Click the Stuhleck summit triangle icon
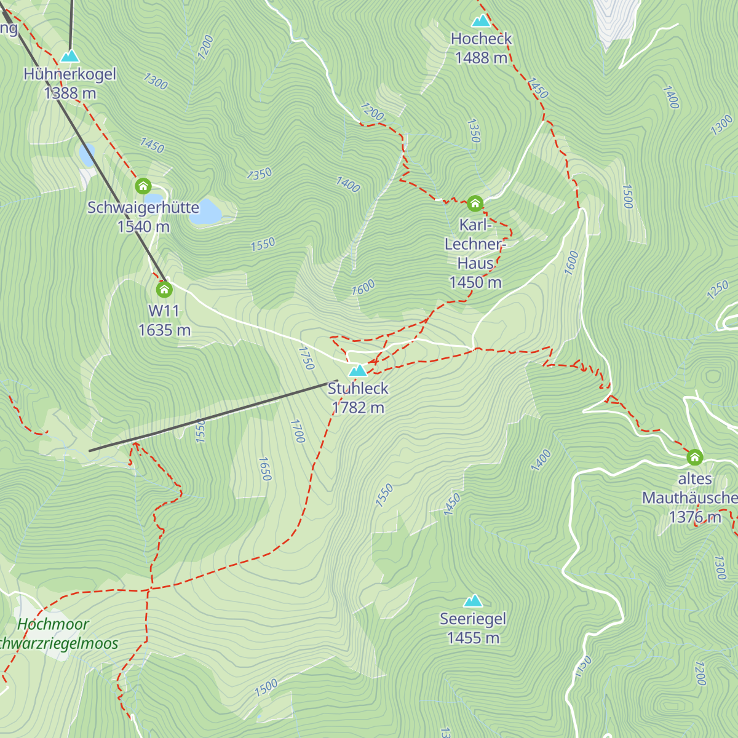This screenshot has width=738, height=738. pos(357,370)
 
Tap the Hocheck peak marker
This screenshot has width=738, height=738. pos(481,21)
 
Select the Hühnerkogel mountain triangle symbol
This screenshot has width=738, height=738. pos(69,57)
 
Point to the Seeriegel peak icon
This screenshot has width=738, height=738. pos(473,601)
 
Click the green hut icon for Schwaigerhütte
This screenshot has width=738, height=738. pos(143,186)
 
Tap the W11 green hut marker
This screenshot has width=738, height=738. pos(164,289)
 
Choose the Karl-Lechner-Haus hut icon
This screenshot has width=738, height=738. pos(475,203)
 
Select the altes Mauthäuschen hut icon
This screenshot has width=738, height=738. pos(695,457)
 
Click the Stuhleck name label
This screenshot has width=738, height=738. pos(358,389)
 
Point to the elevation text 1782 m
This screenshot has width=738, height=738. pos(358,408)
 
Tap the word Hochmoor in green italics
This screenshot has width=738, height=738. pos(53,624)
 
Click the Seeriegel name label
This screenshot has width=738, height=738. pos(473,619)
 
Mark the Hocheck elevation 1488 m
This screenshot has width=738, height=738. pos(481,58)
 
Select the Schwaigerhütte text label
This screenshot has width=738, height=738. pos(143,208)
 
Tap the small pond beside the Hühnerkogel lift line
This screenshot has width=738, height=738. pos(87,155)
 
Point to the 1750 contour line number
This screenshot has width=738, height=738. pos(306,358)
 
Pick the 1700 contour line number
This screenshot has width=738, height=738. pos(297,431)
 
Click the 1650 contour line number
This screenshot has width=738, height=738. pos(264,469)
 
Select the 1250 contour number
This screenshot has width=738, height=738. pos(717,290)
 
